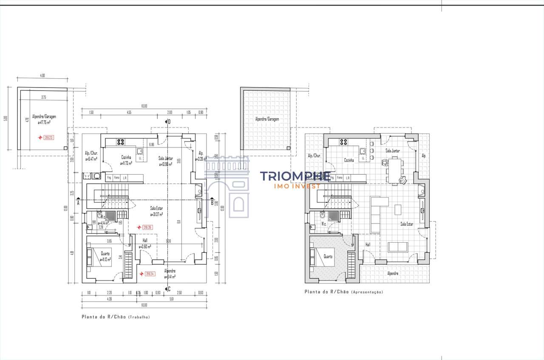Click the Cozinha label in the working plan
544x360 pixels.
pos(126,157)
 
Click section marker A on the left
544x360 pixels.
pos(78,203)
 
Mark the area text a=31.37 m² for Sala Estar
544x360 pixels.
pos(156,215)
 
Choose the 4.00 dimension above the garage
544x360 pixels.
pos(42,75)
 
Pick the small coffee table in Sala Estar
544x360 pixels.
pos(398,210)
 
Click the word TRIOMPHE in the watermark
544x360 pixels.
pos(295,176)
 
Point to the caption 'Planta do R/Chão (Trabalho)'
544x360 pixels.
pos(116,317)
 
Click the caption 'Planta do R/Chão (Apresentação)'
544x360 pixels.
pos(343,292)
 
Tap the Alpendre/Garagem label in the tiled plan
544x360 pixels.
pos(267,119)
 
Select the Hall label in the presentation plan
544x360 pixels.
pos(368,245)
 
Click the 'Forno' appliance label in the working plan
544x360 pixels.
pos(116,178)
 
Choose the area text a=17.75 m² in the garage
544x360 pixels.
pos(44,122)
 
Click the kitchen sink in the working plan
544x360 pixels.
pos(139,150)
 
